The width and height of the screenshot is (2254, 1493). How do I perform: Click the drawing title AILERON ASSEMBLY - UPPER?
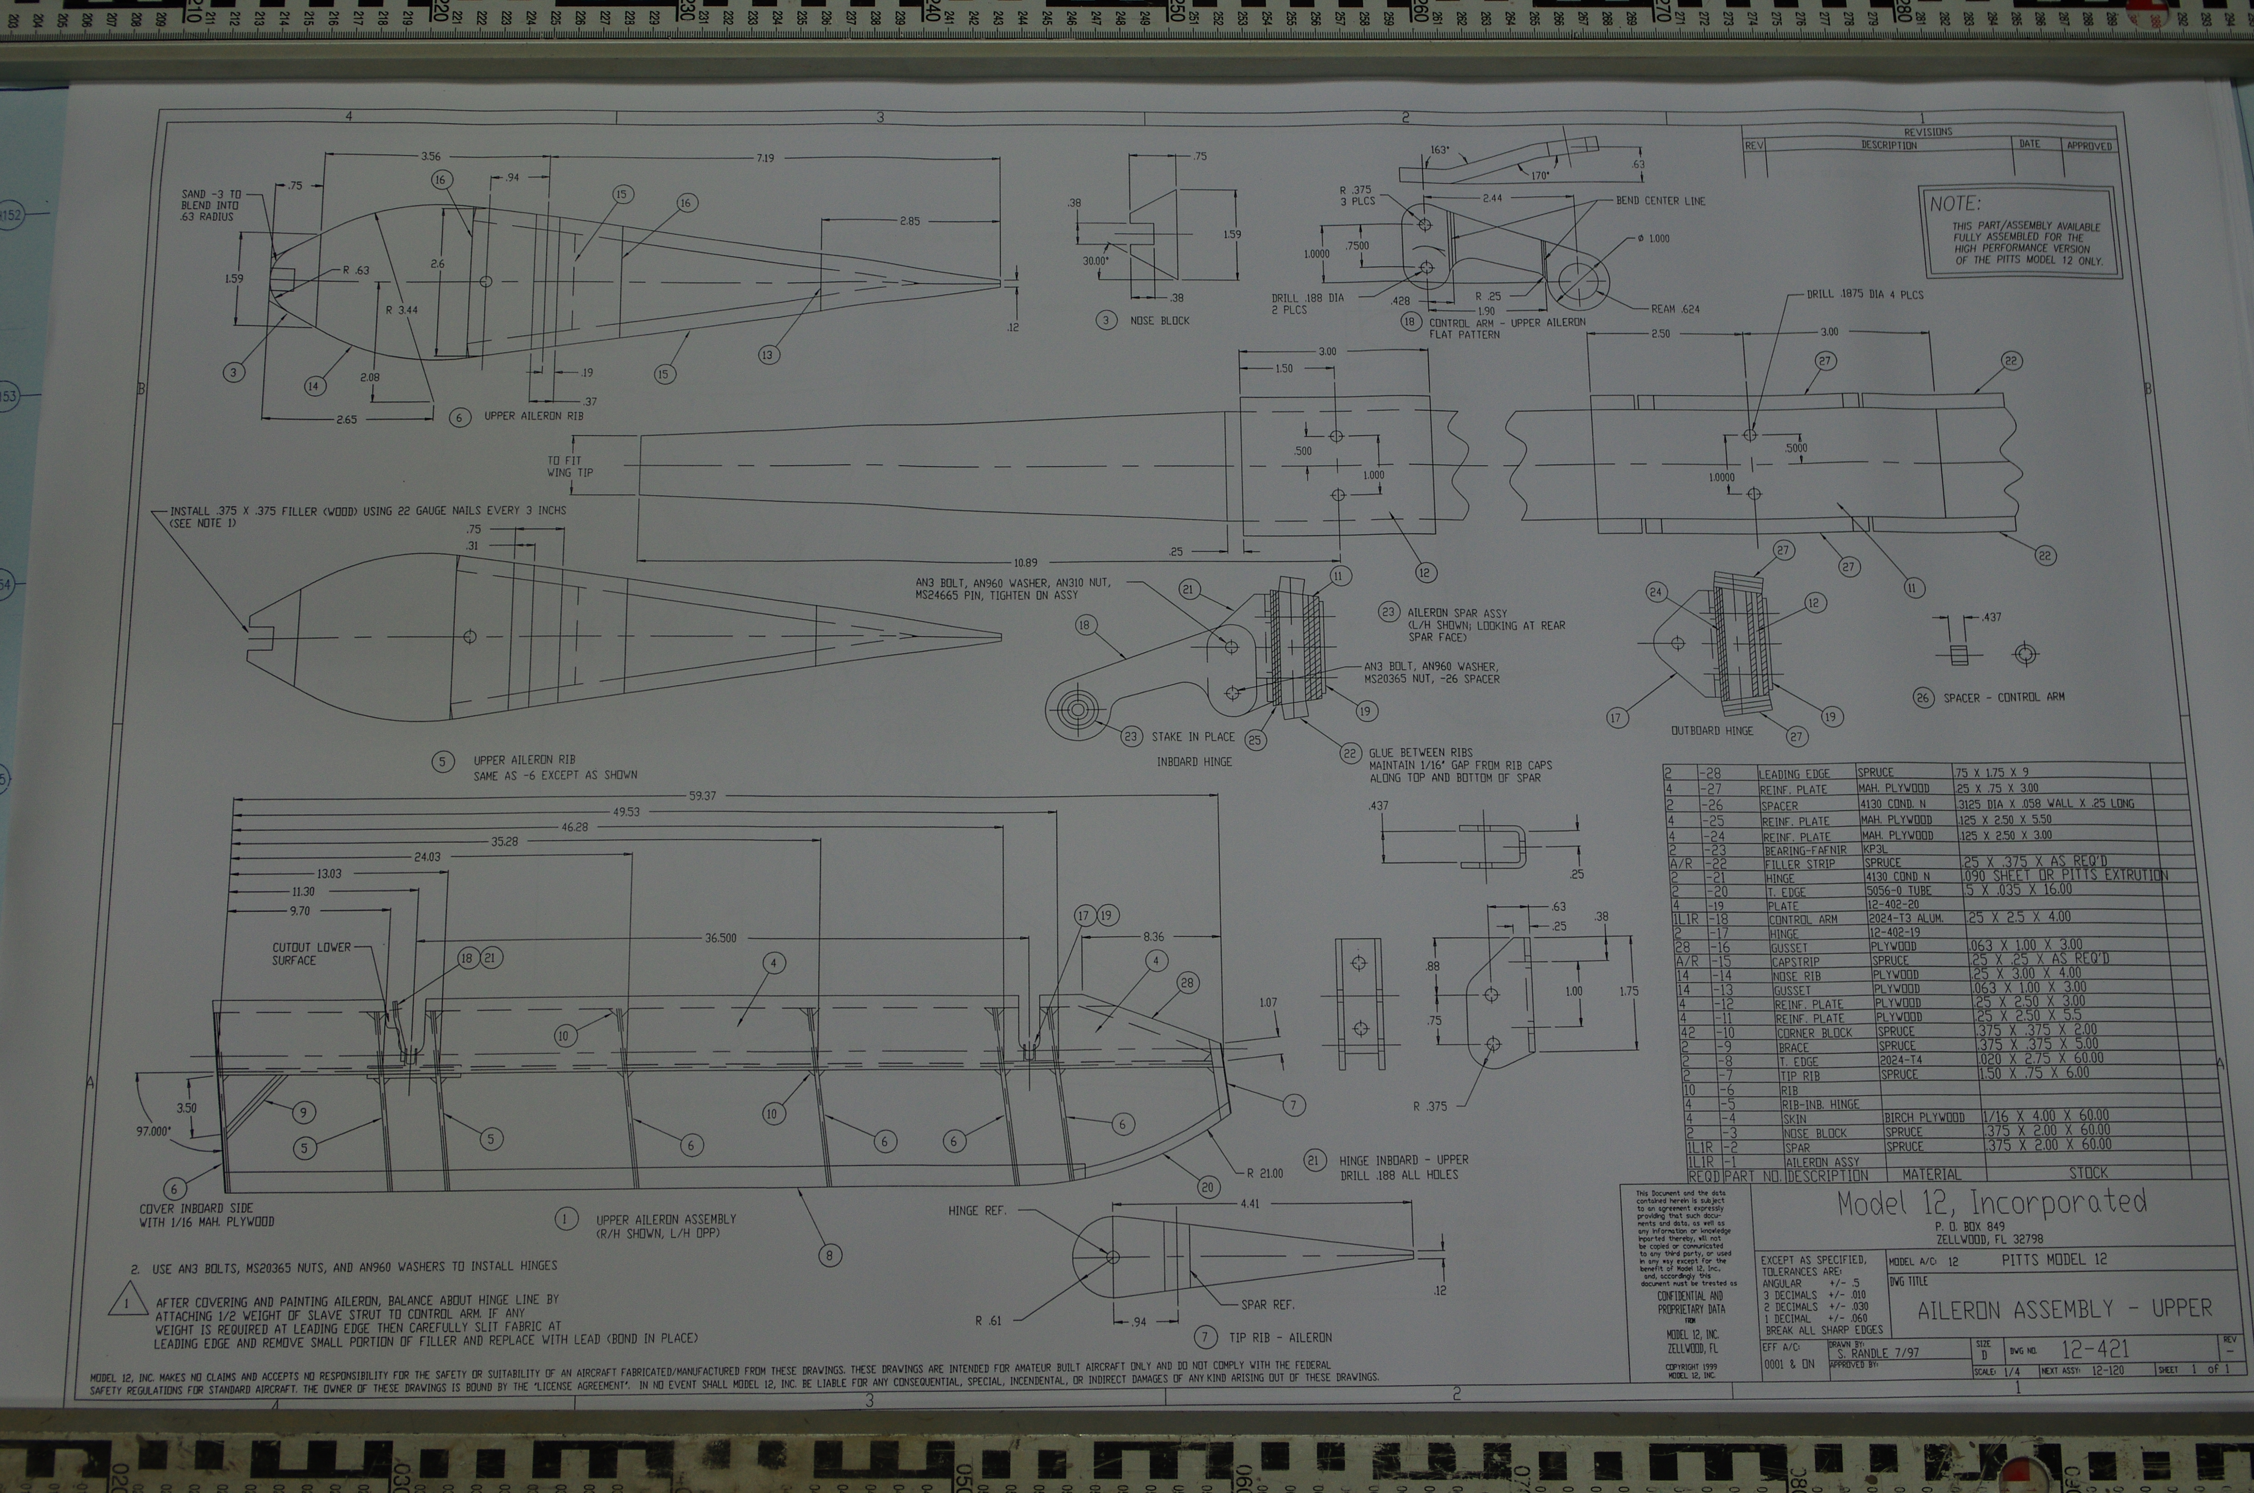click(2064, 1309)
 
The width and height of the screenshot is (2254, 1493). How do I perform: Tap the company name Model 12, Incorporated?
click(1991, 1203)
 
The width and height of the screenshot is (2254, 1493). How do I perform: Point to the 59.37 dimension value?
click(703, 795)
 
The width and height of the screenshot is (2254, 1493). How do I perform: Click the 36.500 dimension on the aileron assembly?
click(720, 938)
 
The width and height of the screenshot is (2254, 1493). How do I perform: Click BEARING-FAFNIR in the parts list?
click(1804, 850)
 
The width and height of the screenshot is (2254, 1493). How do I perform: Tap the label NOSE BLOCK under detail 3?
click(1159, 321)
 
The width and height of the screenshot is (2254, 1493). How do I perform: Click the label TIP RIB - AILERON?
click(1280, 1338)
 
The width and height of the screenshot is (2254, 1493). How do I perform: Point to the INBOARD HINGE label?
click(1194, 762)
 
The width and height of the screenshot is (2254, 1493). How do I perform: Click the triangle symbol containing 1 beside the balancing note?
click(126, 1304)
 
